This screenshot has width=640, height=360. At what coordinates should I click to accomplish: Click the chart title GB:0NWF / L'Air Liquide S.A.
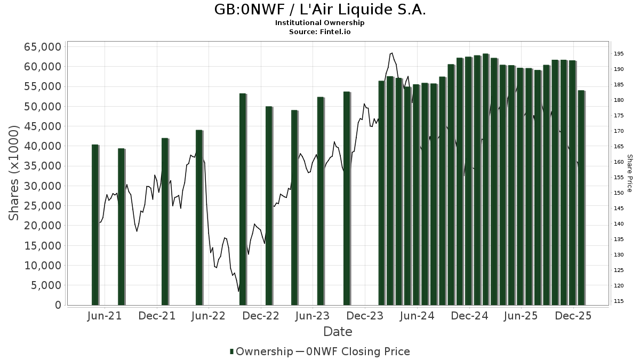[320, 10]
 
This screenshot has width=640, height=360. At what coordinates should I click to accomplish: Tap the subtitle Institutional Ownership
[320, 23]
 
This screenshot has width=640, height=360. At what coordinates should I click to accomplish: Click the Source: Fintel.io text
[320, 31]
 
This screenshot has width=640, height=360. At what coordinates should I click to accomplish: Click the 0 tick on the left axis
[58, 305]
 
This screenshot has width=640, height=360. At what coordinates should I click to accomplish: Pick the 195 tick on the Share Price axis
[619, 54]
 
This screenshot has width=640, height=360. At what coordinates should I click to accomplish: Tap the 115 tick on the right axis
[619, 301]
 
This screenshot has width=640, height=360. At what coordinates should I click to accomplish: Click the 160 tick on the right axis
[619, 162]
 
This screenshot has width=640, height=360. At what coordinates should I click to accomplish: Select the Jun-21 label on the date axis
[104, 316]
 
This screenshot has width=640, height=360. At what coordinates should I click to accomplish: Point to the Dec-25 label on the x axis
[573, 316]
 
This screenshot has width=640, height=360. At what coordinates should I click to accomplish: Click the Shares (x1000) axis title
[14, 172]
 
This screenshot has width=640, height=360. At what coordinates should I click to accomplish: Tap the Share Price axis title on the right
[629, 173]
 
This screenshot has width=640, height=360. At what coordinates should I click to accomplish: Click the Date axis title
[338, 332]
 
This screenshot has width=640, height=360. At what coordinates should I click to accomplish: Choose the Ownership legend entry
[261, 351]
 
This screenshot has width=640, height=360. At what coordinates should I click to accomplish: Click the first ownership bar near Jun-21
[95, 225]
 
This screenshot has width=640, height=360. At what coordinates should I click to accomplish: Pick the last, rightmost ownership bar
[581, 197]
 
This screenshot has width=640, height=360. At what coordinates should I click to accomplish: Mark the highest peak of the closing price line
[392, 53]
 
